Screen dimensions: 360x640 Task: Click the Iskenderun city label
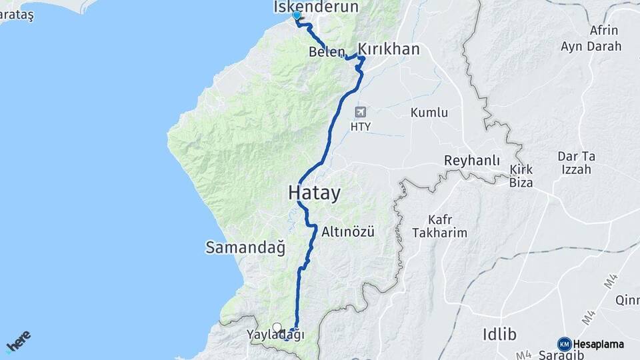coord(316,7)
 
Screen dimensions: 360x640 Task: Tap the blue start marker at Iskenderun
coord(296,15)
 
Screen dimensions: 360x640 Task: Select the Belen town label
coord(327,52)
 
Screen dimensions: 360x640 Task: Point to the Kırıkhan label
coord(389,49)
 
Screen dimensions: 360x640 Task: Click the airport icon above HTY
coord(361,112)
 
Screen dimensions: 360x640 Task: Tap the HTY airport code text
coord(361,126)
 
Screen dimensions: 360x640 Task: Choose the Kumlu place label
coord(429,113)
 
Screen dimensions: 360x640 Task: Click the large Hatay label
coord(314,193)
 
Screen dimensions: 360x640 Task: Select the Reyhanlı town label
coord(472,161)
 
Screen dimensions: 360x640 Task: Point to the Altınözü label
coord(348,232)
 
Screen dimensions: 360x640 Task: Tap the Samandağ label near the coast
coord(245,248)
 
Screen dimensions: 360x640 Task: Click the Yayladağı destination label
coord(275,335)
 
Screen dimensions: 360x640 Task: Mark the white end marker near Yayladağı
coord(277,327)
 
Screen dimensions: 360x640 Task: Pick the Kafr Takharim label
coord(439,226)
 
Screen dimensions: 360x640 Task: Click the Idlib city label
coord(499,334)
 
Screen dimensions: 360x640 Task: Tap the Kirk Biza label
coord(521,175)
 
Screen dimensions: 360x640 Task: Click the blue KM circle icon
coord(564,344)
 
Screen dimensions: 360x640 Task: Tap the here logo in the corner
coord(18,341)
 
